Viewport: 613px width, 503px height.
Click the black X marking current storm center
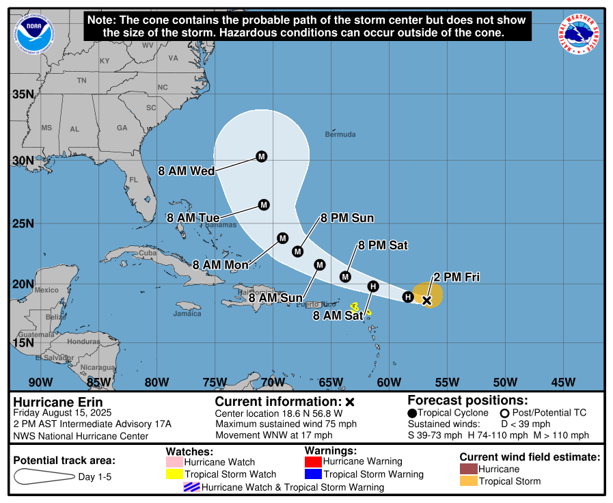point(427,300)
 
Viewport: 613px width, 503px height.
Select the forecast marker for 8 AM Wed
point(262,157)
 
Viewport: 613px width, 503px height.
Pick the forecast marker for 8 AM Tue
point(264,204)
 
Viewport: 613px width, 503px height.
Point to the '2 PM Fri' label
point(457,277)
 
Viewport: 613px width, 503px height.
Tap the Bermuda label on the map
point(340,135)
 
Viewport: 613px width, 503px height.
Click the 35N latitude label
point(23,94)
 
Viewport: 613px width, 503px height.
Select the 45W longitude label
point(562,381)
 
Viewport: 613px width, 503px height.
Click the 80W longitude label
point(157,381)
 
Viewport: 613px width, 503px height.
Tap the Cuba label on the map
point(148,252)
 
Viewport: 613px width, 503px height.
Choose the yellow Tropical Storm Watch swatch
point(174,474)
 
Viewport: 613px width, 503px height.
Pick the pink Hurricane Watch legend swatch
point(174,462)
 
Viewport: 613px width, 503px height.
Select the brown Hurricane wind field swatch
point(468,470)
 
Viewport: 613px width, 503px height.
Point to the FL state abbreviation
point(134,180)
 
